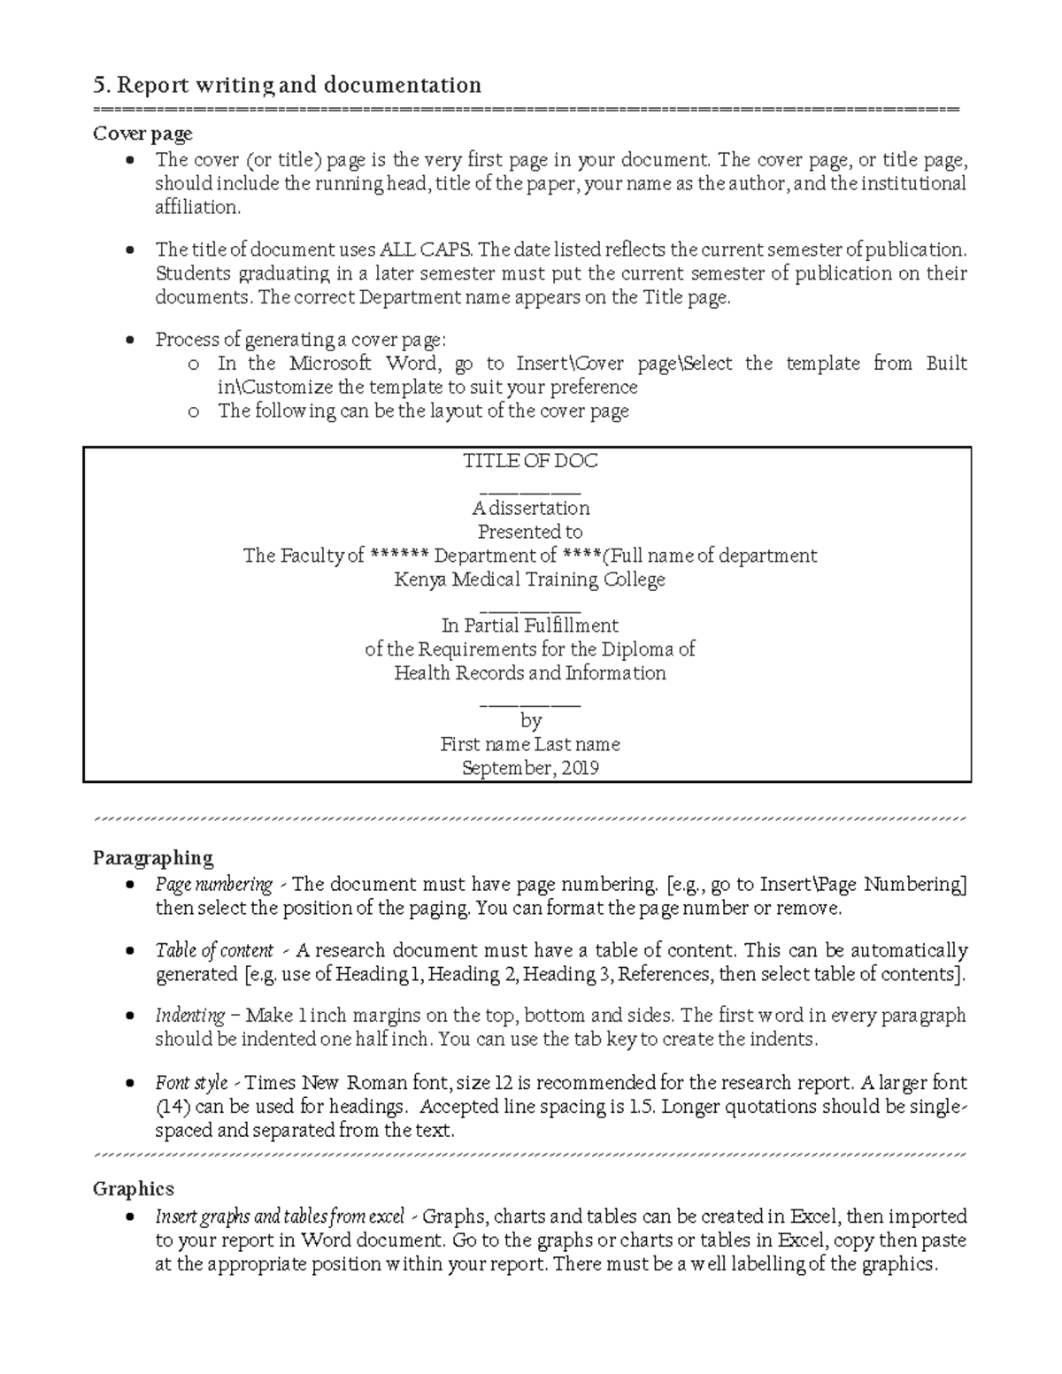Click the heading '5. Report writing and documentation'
click(x=287, y=85)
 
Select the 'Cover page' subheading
click(x=142, y=134)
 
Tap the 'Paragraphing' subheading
click(x=153, y=857)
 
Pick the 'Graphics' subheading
click(x=134, y=1188)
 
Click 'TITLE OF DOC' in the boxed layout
click(x=530, y=461)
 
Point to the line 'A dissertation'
click(x=530, y=508)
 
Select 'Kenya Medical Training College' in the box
click(x=530, y=580)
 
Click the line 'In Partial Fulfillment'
click(x=530, y=626)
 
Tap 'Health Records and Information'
click(x=530, y=672)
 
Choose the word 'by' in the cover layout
click(x=530, y=720)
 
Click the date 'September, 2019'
click(x=530, y=768)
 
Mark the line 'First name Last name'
click(x=530, y=744)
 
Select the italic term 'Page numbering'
click(x=214, y=884)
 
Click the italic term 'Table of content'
click(x=214, y=950)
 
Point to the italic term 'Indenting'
click(x=190, y=1015)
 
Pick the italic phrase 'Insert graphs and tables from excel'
click(x=280, y=1216)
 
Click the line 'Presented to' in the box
click(x=530, y=532)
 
